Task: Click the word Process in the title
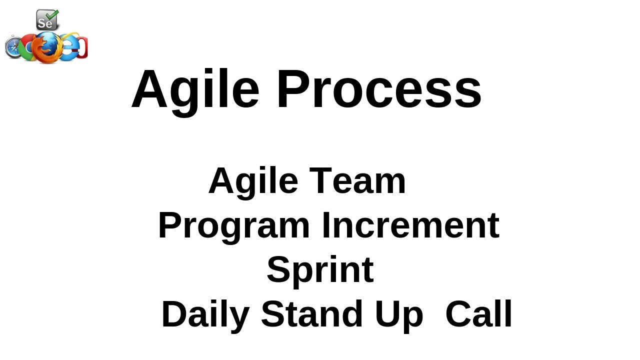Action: (x=378, y=89)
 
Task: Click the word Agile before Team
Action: (x=253, y=181)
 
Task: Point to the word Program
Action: (x=233, y=226)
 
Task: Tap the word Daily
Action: (x=205, y=315)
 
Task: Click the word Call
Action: (x=478, y=314)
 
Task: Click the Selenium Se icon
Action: (x=46, y=21)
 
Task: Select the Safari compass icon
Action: (x=13, y=48)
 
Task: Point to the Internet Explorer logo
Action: (x=70, y=47)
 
